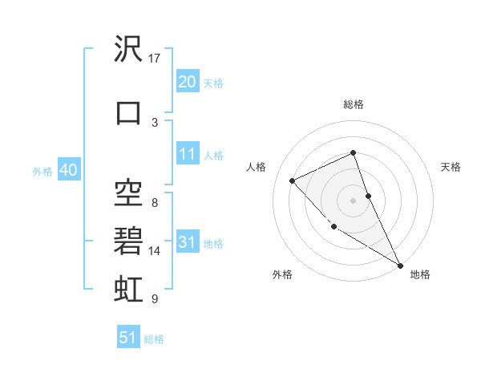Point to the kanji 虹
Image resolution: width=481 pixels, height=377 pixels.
click(128, 286)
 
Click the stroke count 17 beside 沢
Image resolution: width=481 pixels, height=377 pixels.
click(155, 59)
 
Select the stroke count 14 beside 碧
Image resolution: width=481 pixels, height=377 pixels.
click(155, 251)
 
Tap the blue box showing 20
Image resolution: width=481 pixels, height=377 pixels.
click(187, 82)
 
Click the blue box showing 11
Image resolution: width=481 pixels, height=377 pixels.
click(187, 154)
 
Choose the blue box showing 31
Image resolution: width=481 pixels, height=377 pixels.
click(187, 242)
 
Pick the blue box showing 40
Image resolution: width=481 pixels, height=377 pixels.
click(68, 170)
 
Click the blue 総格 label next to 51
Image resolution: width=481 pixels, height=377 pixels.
click(154, 339)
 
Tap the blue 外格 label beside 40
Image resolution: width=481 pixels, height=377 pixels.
click(42, 171)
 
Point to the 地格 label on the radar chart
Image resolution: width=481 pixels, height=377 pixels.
click(420, 274)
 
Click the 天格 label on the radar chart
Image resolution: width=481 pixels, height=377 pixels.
click(451, 167)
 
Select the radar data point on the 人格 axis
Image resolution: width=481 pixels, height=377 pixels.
click(293, 180)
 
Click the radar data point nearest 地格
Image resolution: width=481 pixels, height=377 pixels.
click(400, 265)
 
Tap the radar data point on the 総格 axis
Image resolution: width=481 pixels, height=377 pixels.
click(353, 153)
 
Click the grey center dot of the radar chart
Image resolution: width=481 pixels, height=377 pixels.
click(353, 200)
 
